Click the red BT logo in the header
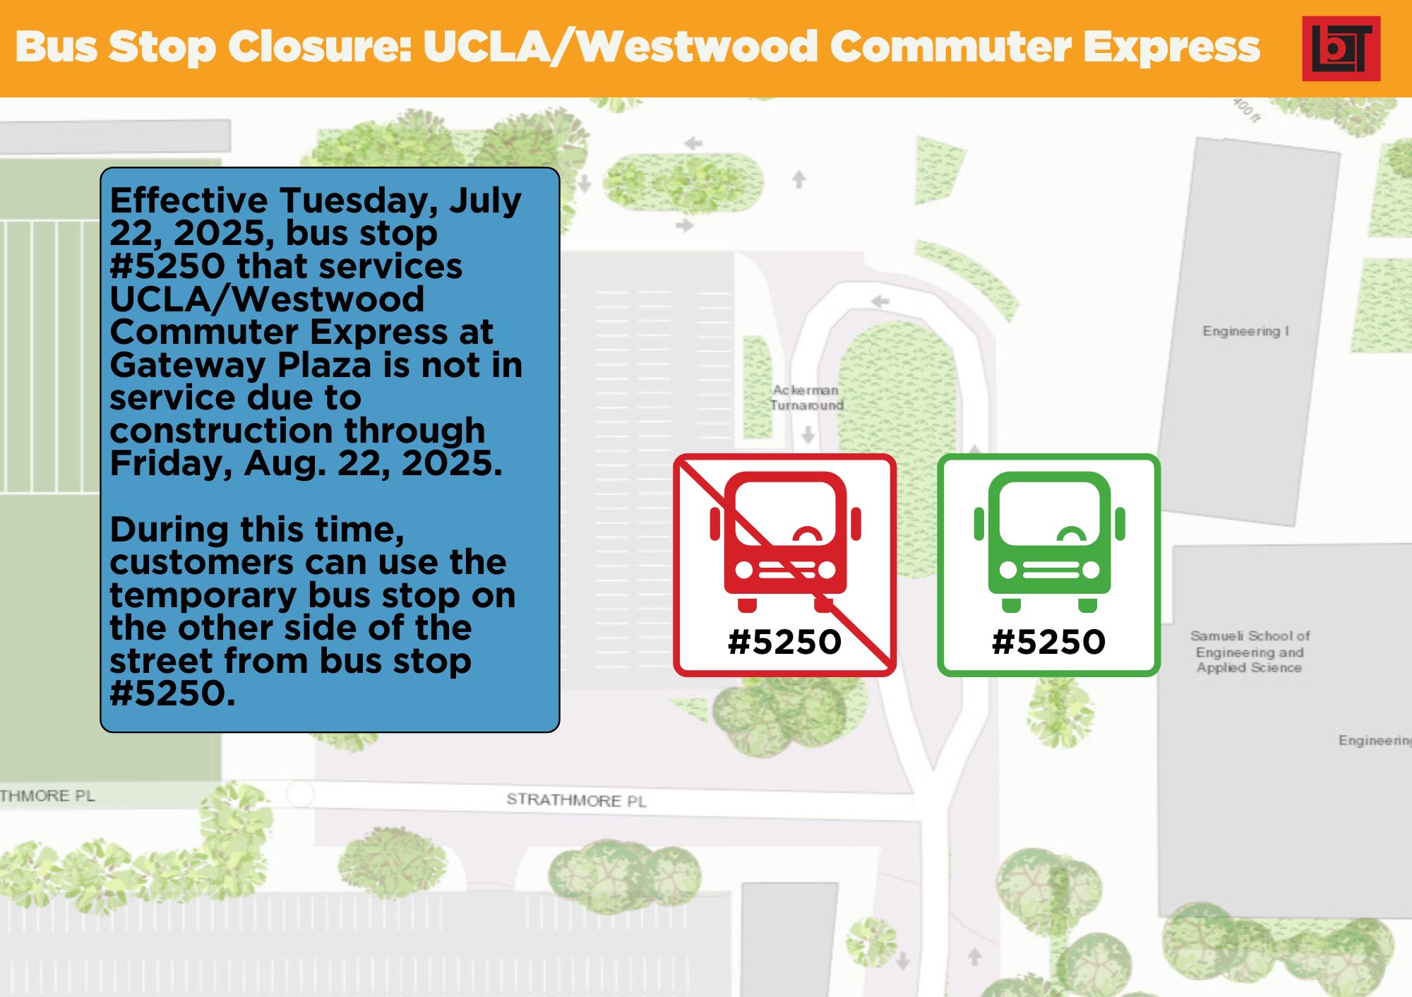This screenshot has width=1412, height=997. coord(1341,48)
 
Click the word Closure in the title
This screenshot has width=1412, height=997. coord(320,47)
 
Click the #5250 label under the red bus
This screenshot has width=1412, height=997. coord(785,642)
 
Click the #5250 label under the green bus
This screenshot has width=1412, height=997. coord(1049,642)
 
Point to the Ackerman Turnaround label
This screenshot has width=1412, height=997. coord(806,398)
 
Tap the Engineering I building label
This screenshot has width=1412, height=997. coord(1245,331)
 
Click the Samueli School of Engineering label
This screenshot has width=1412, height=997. coord(1250,652)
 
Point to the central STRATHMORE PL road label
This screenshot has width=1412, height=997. coord(576,800)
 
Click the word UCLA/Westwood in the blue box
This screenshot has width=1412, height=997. coord(268,299)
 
